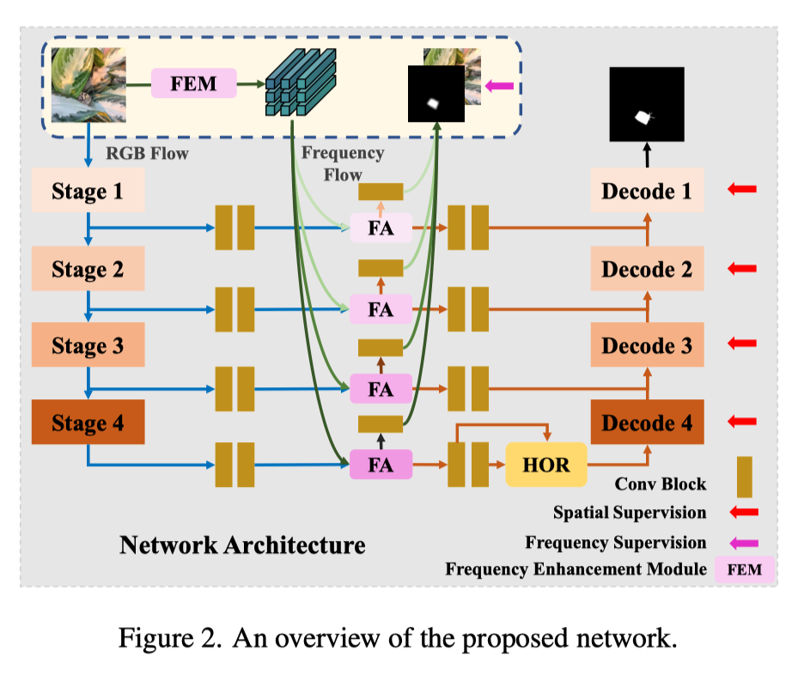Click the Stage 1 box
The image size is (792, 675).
[87, 191]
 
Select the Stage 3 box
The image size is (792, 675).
[87, 345]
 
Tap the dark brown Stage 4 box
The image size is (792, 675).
[87, 423]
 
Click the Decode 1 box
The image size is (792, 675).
[647, 191]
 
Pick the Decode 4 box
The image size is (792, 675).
[647, 423]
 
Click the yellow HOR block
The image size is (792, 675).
[545, 465]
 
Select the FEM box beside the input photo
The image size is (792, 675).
[193, 84]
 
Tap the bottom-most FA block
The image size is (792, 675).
[381, 465]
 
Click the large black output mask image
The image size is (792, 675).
[647, 104]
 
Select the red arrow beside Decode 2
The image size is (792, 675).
[741, 269]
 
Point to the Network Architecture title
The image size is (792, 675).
[241, 544]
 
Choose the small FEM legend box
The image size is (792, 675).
[744, 569]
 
